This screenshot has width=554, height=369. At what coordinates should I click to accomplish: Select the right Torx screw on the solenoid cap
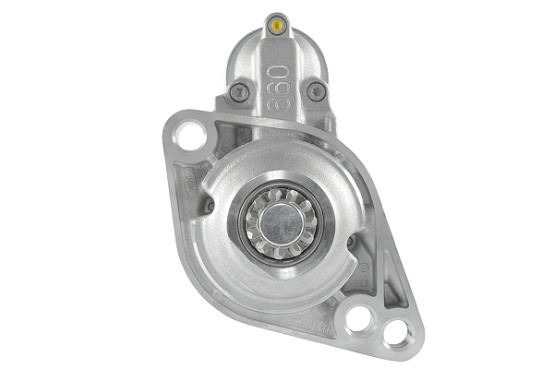coord(316,90)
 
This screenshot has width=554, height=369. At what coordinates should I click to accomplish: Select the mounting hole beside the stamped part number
coord(361,318)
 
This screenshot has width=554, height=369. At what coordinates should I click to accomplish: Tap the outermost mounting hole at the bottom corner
coord(396,332)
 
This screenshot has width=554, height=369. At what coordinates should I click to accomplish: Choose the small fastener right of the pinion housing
coord(350,242)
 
